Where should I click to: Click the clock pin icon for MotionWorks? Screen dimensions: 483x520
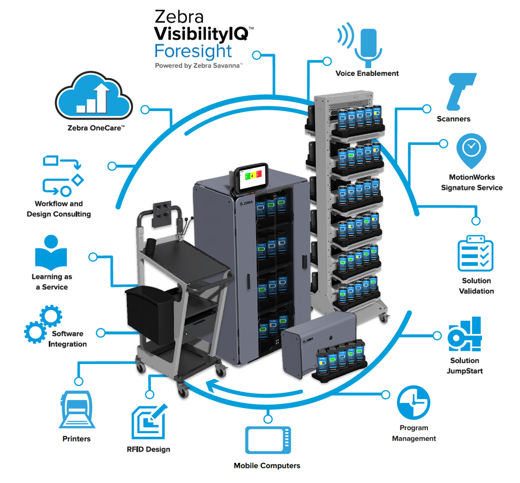tap(471, 149)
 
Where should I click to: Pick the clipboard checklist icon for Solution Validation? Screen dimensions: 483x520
tap(475, 253)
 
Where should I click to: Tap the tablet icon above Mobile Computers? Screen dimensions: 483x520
tap(268, 440)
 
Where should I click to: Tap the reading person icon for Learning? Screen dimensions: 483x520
tap(51, 253)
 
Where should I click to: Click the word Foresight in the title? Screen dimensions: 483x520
tap(193, 51)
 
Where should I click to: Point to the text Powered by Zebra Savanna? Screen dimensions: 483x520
tap(199, 66)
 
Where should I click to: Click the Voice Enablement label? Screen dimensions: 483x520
tap(367, 73)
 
